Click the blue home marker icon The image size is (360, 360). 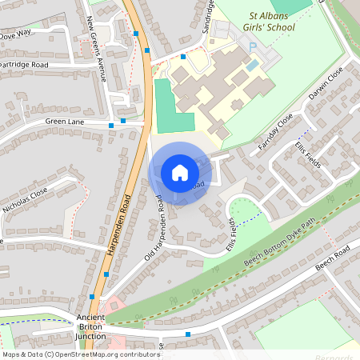tap(179, 172)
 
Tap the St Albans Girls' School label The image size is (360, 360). tap(261, 22)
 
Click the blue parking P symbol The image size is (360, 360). tap(253, 48)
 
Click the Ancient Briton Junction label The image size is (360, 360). tap(90, 326)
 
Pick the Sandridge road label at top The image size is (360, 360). tap(210, 14)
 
